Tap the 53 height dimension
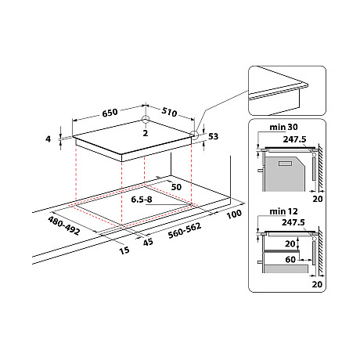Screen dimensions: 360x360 [213, 136]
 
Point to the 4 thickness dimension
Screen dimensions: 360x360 [48, 139]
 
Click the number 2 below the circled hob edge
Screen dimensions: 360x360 [146, 133]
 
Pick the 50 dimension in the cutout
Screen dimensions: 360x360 [176, 189]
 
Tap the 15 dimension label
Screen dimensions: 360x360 [122, 250]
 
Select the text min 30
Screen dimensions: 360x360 [277, 127]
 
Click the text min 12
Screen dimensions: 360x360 [277, 212]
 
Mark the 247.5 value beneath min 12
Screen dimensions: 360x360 [293, 221]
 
